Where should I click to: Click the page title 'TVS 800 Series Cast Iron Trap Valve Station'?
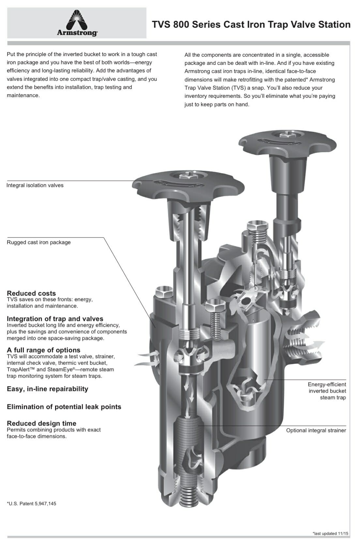tap(251, 25)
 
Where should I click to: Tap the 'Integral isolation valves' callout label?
tap(35, 185)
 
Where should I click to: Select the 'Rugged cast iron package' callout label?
tap(39, 242)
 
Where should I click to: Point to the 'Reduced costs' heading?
tap(31, 293)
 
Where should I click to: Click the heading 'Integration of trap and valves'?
tap(55, 319)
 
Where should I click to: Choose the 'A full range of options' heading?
tap(43, 350)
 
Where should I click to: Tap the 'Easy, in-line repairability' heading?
tap(47, 389)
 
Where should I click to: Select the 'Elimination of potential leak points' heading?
tap(64, 407)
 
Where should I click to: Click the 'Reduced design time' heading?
tap(41, 423)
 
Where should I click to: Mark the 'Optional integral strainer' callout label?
tap(316, 430)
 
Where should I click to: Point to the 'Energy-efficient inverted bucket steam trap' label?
tap(327, 391)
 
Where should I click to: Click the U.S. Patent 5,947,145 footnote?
tap(32, 503)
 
